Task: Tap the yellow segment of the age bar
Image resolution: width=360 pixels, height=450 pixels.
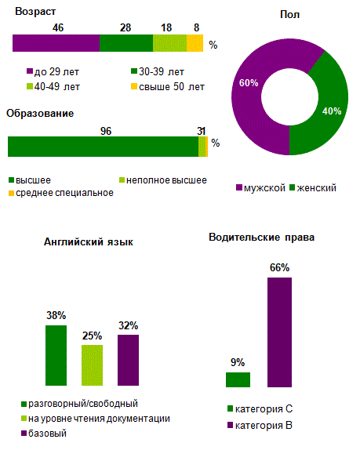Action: click(195, 43)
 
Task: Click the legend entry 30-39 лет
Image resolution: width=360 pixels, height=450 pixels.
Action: click(161, 71)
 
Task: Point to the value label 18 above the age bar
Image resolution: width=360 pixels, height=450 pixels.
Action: click(166, 27)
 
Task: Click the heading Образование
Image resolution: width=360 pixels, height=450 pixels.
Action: click(40, 114)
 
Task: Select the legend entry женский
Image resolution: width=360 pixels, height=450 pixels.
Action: click(314, 188)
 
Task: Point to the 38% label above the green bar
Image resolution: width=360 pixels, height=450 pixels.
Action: click(56, 316)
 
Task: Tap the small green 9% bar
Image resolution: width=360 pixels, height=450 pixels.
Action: click(238, 379)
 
